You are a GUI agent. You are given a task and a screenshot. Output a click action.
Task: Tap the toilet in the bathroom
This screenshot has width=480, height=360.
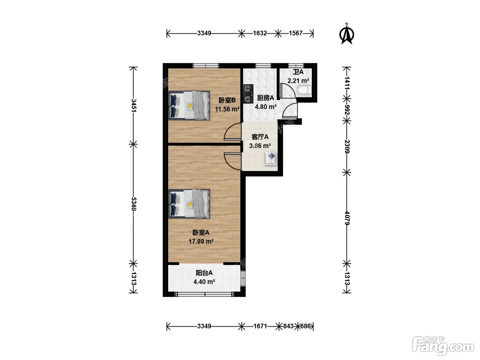pos(304,90)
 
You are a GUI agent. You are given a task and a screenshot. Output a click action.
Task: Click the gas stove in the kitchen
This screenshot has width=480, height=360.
pos(248,94)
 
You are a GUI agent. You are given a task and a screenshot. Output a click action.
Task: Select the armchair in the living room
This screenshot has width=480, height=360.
pos(271,159)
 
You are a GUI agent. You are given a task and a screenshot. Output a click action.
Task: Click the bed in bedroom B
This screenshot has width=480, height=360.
pos(189,106)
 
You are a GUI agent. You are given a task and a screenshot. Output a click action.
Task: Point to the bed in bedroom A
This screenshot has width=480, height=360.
pos(189,204)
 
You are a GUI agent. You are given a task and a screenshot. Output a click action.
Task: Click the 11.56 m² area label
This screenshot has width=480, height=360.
pos(227,109)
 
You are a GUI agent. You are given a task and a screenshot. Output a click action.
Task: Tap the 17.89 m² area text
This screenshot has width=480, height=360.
pos(201,241)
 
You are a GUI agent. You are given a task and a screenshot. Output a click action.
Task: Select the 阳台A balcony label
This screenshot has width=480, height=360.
pos(204,273)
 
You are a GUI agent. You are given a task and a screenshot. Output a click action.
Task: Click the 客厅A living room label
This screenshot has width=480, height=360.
pos(260,137)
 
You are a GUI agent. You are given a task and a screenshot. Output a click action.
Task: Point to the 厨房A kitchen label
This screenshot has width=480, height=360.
pos(265,98)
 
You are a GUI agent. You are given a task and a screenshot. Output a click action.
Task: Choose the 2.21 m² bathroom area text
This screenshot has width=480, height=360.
pos(298,81)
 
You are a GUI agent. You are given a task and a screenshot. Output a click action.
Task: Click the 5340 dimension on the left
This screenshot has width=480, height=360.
pos(134,204)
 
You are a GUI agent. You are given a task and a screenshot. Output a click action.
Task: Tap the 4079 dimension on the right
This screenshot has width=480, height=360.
pos(347,218)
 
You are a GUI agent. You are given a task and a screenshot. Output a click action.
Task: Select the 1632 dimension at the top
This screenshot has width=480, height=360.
pos(260,33)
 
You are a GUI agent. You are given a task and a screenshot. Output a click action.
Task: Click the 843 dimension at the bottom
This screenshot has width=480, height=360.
pos(288,326)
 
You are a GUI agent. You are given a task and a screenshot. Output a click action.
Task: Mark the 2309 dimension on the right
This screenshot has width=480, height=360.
pos(347,147)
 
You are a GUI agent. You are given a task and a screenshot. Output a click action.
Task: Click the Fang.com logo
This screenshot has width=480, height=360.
pos(443,346)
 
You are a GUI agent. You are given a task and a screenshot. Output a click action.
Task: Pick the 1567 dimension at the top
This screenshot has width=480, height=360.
pos(296,33)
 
